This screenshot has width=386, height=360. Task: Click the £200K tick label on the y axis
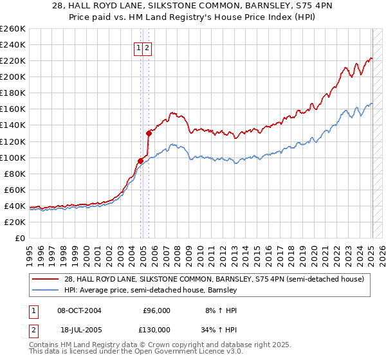point(13,76)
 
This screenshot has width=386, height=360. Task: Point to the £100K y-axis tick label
point(13,157)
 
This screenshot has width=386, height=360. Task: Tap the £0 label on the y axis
point(21,238)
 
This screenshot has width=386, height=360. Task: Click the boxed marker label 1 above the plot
point(138,48)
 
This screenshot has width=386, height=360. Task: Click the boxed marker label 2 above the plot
point(147,48)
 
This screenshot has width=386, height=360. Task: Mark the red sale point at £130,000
point(149,133)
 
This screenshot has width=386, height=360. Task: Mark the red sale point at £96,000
point(140,161)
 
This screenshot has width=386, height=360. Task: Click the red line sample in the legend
point(46,279)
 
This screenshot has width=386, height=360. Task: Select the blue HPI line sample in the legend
point(46,290)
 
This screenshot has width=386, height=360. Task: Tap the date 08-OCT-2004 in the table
point(79,310)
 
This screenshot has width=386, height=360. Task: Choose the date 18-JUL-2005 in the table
point(79,329)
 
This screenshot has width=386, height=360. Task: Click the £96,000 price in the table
point(156,310)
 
